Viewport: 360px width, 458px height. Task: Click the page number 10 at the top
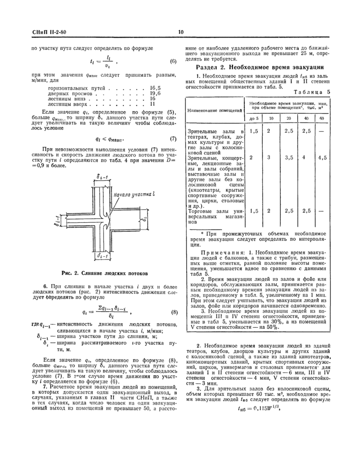[x=181, y=33]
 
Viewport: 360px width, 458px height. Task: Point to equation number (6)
[x=173, y=62]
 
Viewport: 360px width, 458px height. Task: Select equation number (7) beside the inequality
[x=173, y=139]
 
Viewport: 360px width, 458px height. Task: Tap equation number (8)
[x=174, y=312]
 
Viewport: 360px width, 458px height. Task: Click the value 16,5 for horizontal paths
[x=156, y=88]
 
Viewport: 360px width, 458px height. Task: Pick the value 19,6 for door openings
[x=156, y=93]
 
